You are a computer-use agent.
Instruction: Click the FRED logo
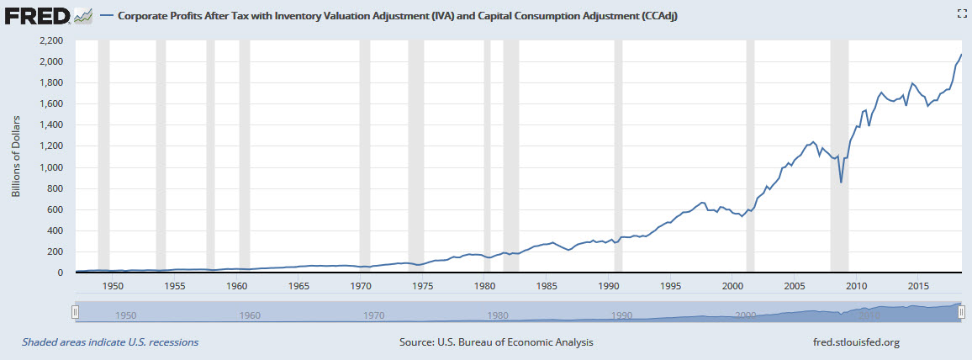click(35, 15)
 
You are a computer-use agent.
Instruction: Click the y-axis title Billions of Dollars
click(16, 156)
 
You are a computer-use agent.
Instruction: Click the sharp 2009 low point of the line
click(841, 182)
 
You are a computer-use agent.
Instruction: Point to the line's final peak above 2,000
click(961, 55)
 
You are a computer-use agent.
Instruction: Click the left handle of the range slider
click(76, 312)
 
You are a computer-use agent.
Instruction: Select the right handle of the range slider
click(961, 312)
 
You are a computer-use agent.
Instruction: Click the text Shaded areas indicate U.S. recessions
click(110, 342)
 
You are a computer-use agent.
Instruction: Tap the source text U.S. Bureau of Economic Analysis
click(496, 342)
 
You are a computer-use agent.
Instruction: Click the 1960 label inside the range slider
click(249, 315)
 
